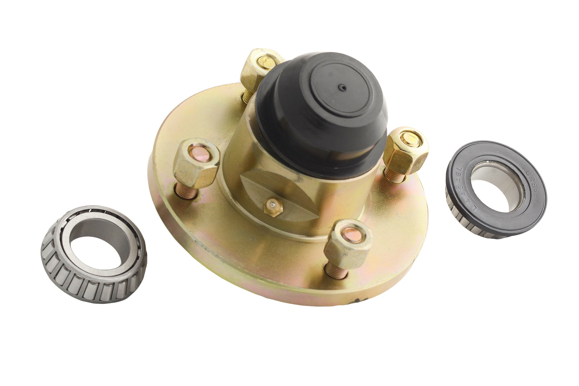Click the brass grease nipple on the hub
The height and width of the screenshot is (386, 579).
(x=273, y=207)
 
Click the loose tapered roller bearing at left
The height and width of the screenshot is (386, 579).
(x=94, y=254)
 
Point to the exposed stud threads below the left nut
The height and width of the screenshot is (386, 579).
(x=186, y=192)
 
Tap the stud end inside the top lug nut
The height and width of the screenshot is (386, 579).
(x=266, y=61)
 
